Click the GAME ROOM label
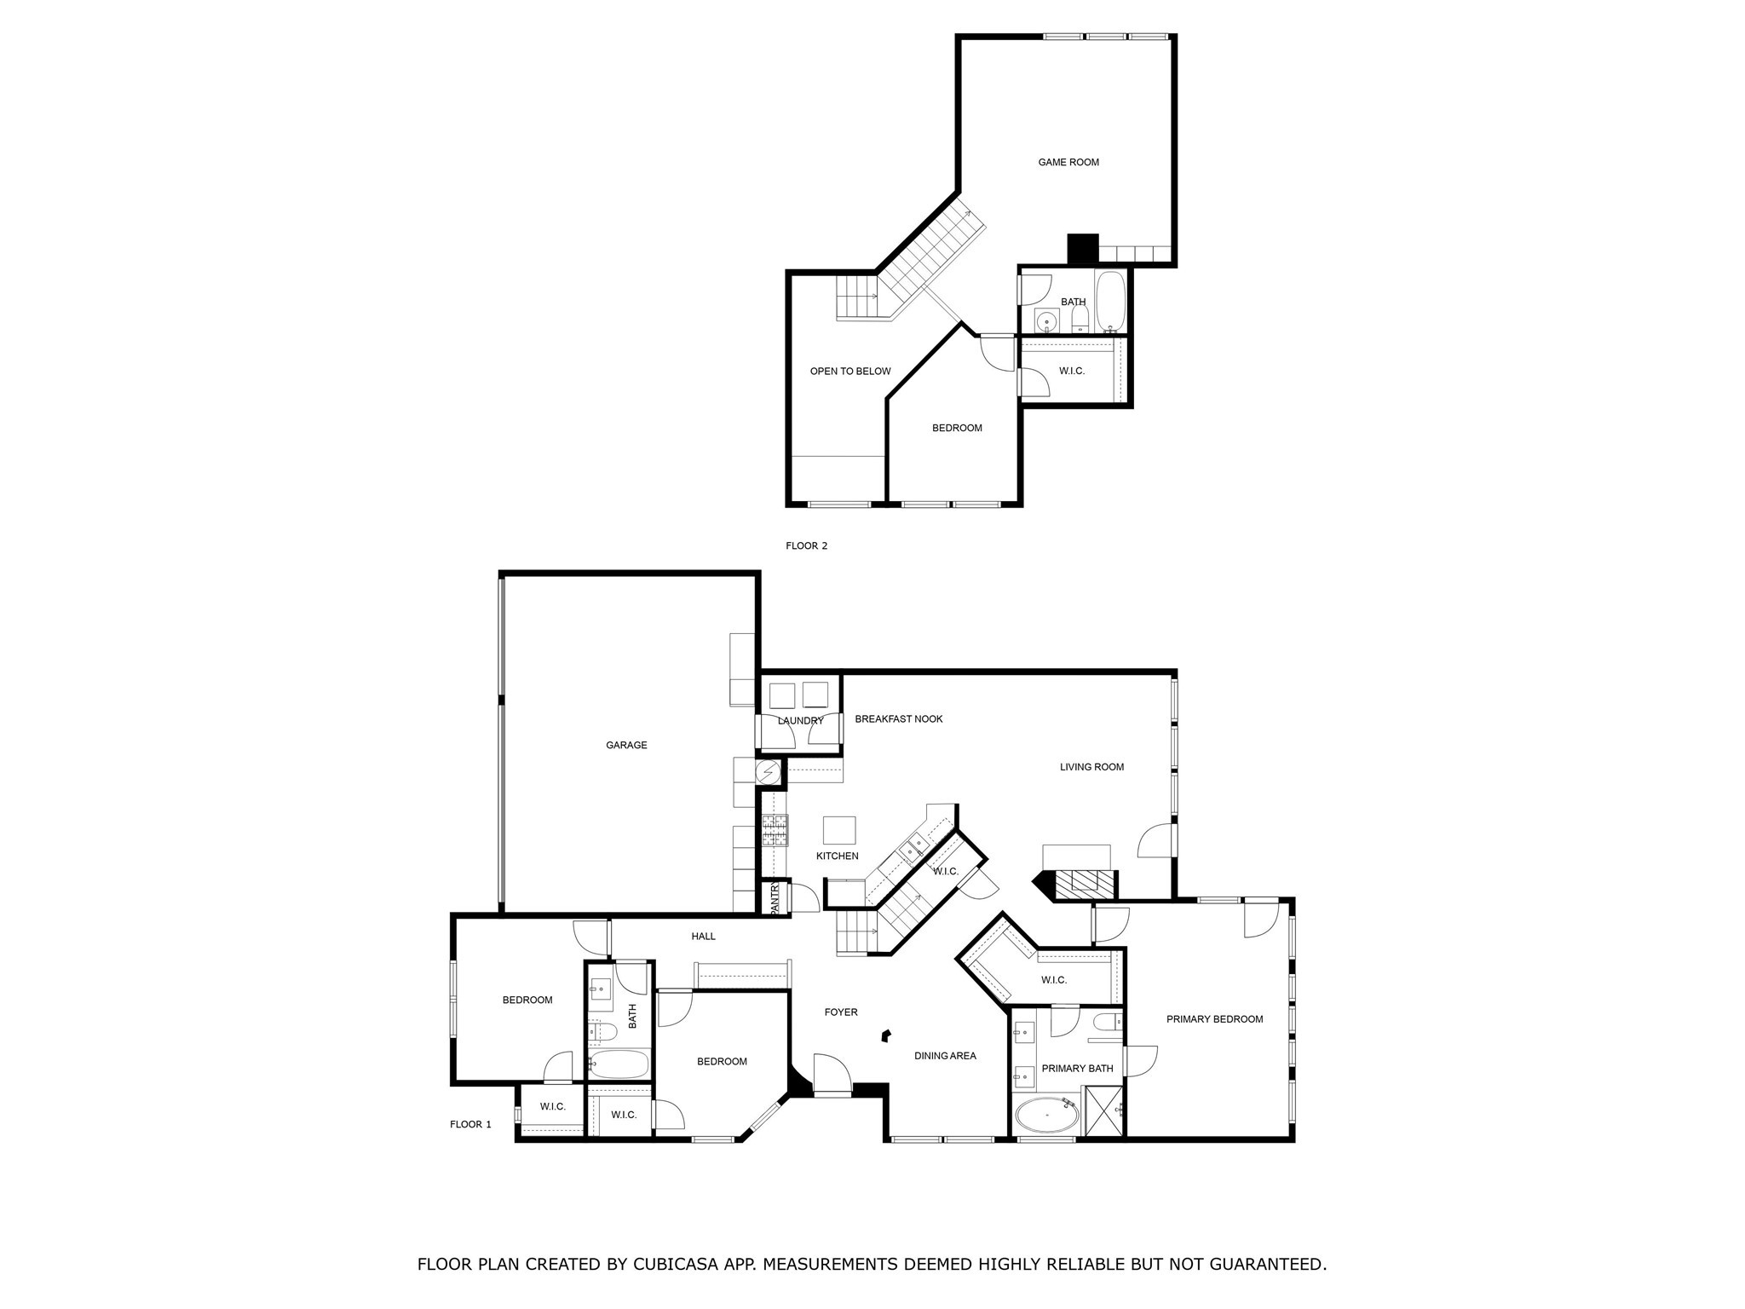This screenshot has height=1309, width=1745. [1068, 162]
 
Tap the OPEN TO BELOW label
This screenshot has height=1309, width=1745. [849, 371]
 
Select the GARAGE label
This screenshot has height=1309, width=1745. [626, 745]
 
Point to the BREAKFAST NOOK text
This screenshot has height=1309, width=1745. [898, 718]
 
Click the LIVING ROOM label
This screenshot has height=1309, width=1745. [1091, 767]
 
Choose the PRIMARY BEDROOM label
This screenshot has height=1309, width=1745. [1214, 1019]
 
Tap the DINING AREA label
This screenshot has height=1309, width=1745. [945, 1056]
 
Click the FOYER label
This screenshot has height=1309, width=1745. [840, 1012]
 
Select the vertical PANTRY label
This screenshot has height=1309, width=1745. [775, 898]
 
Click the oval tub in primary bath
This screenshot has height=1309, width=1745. [1047, 1115]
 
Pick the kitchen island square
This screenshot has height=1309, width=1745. [839, 830]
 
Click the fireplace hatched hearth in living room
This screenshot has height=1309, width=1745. [1084, 884]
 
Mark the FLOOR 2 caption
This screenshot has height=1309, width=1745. [806, 545]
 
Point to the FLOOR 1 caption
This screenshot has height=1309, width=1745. [470, 1124]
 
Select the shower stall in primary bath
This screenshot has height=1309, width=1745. [1104, 1110]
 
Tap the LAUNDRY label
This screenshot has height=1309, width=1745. [800, 721]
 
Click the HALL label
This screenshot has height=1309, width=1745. [703, 937]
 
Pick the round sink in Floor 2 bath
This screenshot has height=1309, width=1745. [1045, 320]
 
